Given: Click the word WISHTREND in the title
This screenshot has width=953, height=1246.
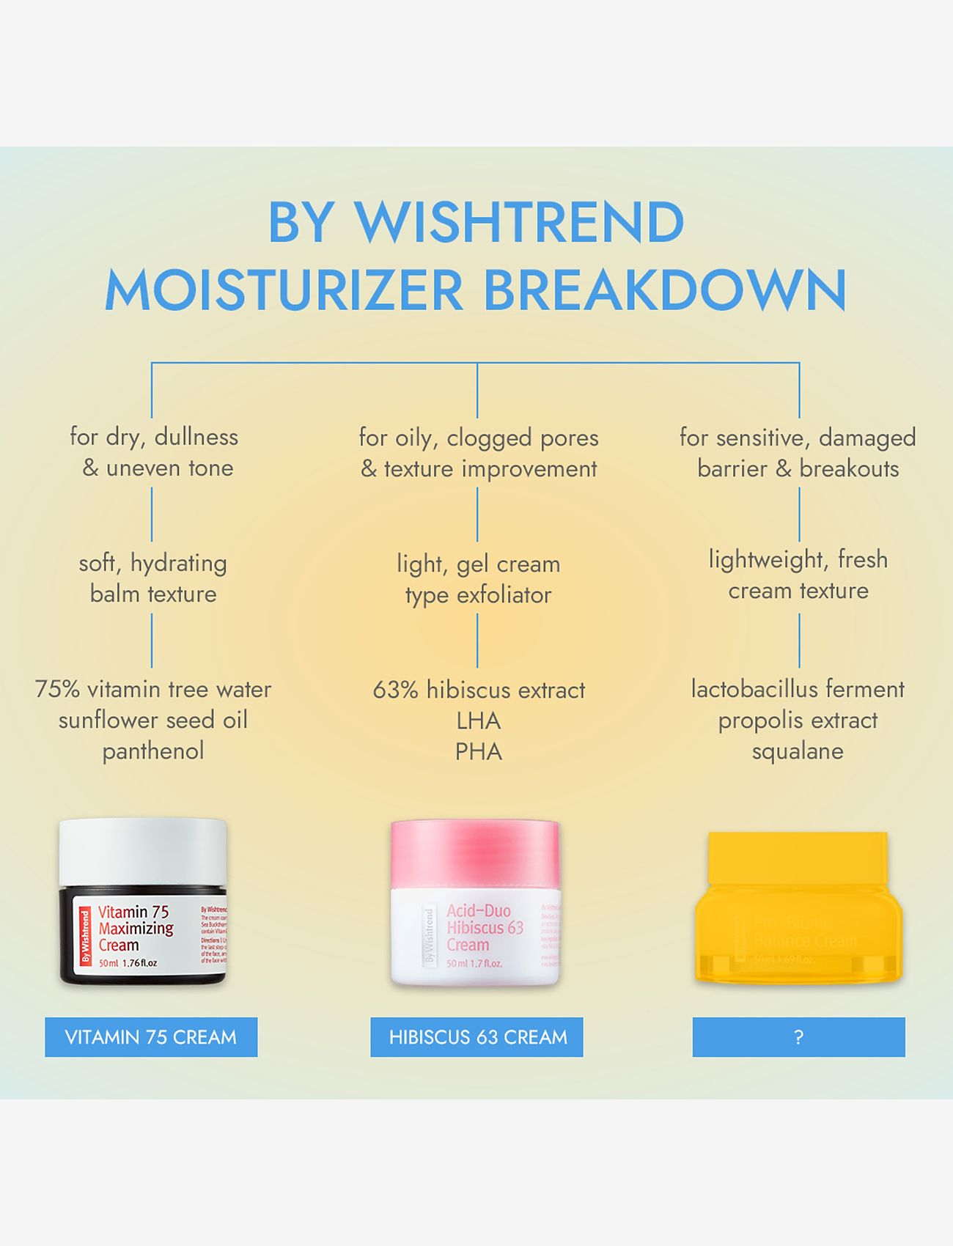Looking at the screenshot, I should (x=520, y=222).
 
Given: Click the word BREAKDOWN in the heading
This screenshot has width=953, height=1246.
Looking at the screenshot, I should (x=665, y=290).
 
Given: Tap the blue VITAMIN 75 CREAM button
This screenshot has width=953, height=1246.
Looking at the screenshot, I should (x=151, y=1037).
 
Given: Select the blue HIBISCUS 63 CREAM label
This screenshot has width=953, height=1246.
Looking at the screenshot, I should (x=477, y=1037).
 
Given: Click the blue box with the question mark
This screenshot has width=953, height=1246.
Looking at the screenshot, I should (x=798, y=1037).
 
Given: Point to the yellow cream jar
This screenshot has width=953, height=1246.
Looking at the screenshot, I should (x=798, y=909).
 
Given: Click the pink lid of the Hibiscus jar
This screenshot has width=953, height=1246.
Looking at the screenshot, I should (x=475, y=854).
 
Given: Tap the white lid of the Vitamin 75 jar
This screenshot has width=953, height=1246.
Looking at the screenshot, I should (x=143, y=850).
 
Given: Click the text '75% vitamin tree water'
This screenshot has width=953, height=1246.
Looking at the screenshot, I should (x=153, y=689).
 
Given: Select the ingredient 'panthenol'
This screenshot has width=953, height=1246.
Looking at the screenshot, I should (x=153, y=751).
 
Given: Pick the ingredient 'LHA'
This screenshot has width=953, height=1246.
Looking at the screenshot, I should (x=478, y=721).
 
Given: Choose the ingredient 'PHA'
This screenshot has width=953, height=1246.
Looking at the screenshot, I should (x=478, y=752).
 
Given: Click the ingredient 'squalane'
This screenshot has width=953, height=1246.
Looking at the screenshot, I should (x=798, y=751).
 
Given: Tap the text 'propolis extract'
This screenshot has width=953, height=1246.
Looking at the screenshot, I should (x=798, y=720).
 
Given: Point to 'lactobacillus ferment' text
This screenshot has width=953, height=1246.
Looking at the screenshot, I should (x=798, y=689).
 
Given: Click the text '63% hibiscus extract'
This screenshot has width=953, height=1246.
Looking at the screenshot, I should (x=479, y=690).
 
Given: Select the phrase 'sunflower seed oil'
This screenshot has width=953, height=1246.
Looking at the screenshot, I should (x=153, y=720).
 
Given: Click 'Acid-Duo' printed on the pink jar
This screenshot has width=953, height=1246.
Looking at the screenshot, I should (x=479, y=911).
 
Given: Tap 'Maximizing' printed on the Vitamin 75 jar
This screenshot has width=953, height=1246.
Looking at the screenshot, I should (x=136, y=929).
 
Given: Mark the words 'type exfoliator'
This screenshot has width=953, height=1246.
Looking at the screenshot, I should (x=478, y=595).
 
